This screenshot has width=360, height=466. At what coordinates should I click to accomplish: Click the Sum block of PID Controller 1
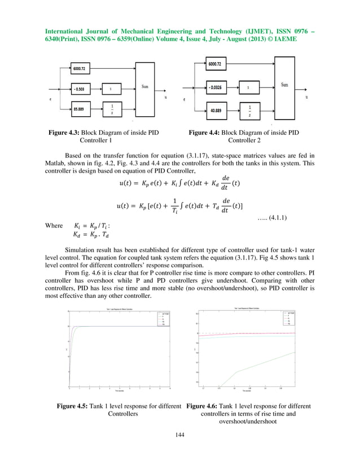click(144, 87)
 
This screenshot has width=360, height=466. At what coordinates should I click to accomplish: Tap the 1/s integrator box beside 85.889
click(112, 108)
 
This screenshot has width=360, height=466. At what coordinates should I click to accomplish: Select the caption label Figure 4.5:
click(71, 406)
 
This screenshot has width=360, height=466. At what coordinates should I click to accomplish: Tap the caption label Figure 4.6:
click(204, 406)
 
